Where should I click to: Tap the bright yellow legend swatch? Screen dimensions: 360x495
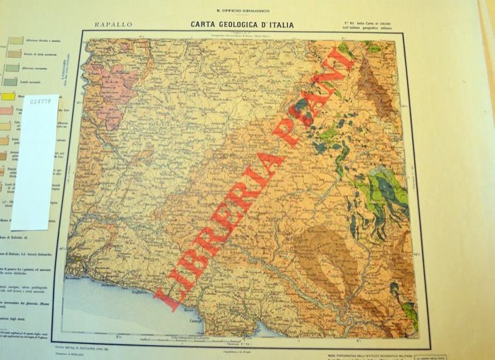click(8, 95)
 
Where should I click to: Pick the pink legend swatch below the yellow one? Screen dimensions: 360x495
click(8, 111)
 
